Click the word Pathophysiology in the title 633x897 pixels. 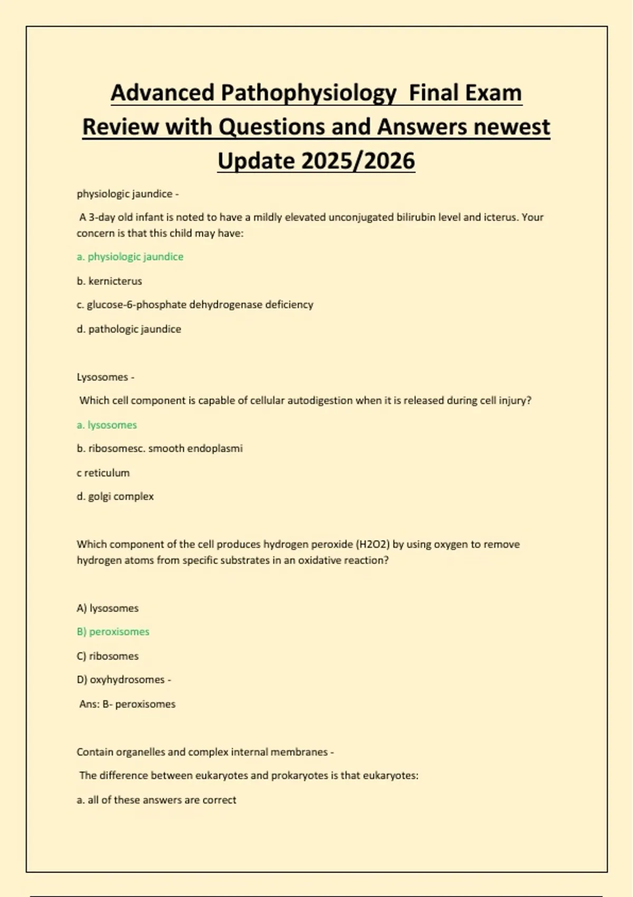pyautogui.click(x=309, y=93)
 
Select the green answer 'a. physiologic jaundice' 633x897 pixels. pyautogui.click(x=130, y=257)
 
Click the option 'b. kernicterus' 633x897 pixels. pyautogui.click(x=109, y=281)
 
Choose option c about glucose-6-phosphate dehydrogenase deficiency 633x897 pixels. pyautogui.click(x=195, y=304)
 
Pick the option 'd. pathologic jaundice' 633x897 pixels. pyautogui.click(x=129, y=329)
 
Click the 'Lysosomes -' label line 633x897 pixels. pyautogui.click(x=105, y=377)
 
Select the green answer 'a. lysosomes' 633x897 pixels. pyautogui.click(x=107, y=425)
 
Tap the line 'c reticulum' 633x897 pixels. pyautogui.click(x=103, y=473)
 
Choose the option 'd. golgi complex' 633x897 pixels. pyautogui.click(x=115, y=497)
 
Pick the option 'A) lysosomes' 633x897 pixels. pyautogui.click(x=108, y=608)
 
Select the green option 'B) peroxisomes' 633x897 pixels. pyautogui.click(x=113, y=632)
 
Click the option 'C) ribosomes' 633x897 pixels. pyautogui.click(x=108, y=656)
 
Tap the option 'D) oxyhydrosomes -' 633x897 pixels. pyautogui.click(x=124, y=680)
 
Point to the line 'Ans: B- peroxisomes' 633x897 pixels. pyautogui.click(x=127, y=704)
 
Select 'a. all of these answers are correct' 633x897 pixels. pyautogui.click(x=156, y=800)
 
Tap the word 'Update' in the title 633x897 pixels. pyautogui.click(x=255, y=161)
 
